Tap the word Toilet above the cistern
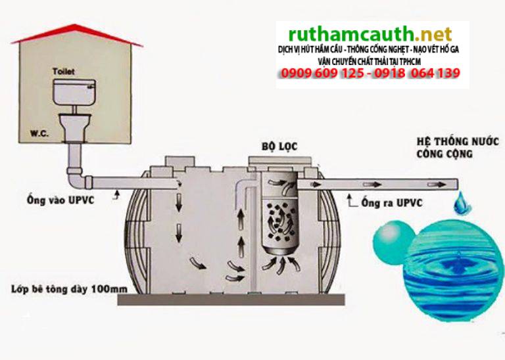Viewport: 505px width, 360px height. pyautogui.click(x=64, y=71)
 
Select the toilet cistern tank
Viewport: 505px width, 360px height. pyautogui.click(x=74, y=92)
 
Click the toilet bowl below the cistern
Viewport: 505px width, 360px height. pyautogui.click(x=74, y=127)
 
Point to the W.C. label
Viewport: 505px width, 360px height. pyautogui.click(x=39, y=133)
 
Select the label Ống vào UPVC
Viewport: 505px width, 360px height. pyautogui.click(x=60, y=200)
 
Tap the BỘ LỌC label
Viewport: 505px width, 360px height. pyautogui.click(x=279, y=146)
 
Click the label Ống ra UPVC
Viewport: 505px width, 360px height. pyautogui.click(x=392, y=203)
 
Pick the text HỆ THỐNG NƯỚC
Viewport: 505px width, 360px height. pyautogui.click(x=458, y=141)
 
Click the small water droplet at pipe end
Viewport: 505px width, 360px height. pyautogui.click(x=462, y=204)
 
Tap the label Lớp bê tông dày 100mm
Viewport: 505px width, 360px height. pyautogui.click(x=69, y=289)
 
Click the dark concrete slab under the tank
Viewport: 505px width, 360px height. pyautogui.click(x=231, y=300)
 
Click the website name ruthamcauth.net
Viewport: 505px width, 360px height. pyautogui.click(x=370, y=34)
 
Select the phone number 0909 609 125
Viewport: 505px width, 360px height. pyautogui.click(x=323, y=74)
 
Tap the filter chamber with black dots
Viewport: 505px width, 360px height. pyautogui.click(x=279, y=222)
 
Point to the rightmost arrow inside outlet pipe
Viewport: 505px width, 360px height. pyautogui.click(x=437, y=185)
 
